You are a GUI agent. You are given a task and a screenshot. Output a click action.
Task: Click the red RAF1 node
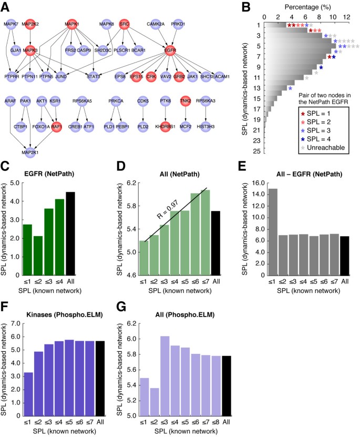[57, 126]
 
